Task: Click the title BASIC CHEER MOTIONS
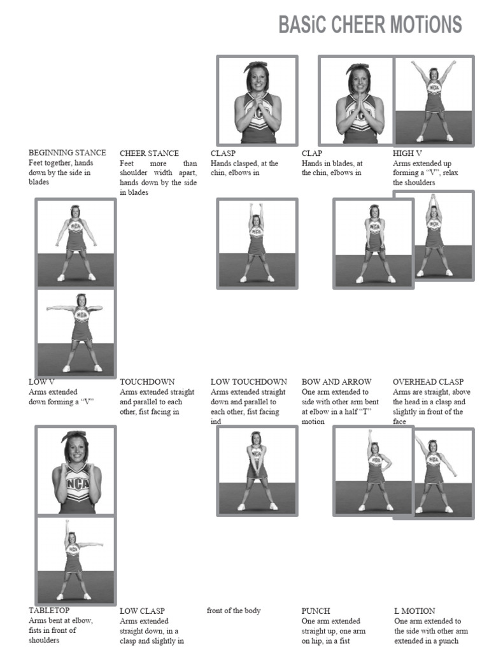pyautogui.click(x=370, y=25)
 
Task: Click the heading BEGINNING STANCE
pyautogui.click(x=67, y=153)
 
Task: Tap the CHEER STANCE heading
pyautogui.click(x=149, y=153)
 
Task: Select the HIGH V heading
pyautogui.click(x=407, y=153)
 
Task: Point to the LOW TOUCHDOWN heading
pyautogui.click(x=248, y=382)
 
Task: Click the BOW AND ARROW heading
pyautogui.click(x=336, y=382)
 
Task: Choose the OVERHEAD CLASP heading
pyautogui.click(x=428, y=382)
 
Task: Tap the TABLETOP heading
pyautogui.click(x=49, y=610)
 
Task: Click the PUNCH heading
pyautogui.click(x=316, y=611)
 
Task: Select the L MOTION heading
pyautogui.click(x=415, y=611)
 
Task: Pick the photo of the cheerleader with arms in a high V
pyautogui.click(x=434, y=100)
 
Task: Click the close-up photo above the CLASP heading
pyautogui.click(x=257, y=100)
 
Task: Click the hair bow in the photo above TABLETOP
pyautogui.click(x=74, y=436)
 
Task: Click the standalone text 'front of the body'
pyautogui.click(x=234, y=611)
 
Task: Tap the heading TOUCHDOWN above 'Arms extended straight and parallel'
pyautogui.click(x=147, y=382)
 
